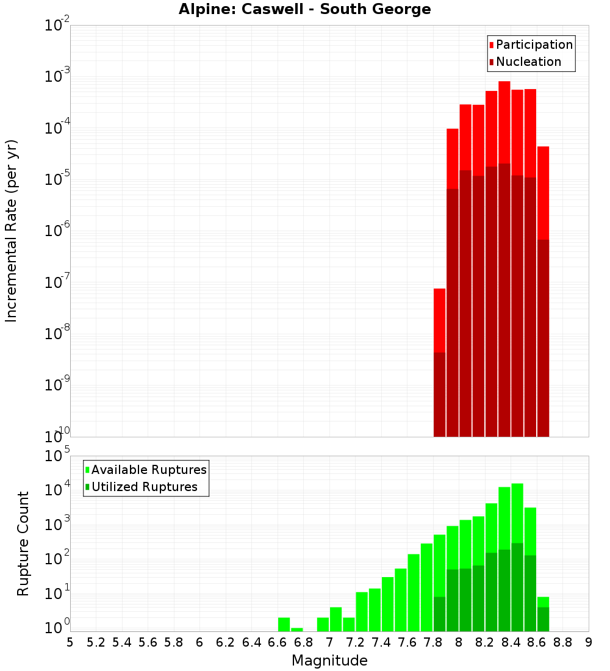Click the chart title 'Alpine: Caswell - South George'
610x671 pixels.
tap(304, 9)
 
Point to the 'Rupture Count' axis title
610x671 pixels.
tap(23, 543)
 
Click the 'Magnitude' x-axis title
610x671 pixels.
tap(329, 661)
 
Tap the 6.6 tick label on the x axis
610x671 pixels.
tap(278, 642)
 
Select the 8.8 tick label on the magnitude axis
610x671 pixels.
tap(562, 642)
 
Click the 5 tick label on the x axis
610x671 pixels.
tap(70, 642)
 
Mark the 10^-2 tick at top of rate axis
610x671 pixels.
tap(59, 26)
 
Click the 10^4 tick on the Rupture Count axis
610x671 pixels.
tap(59, 490)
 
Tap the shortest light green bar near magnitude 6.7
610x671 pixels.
tap(297, 630)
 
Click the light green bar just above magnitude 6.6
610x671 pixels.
tap(284, 625)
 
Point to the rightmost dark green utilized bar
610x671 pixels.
tap(543, 619)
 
